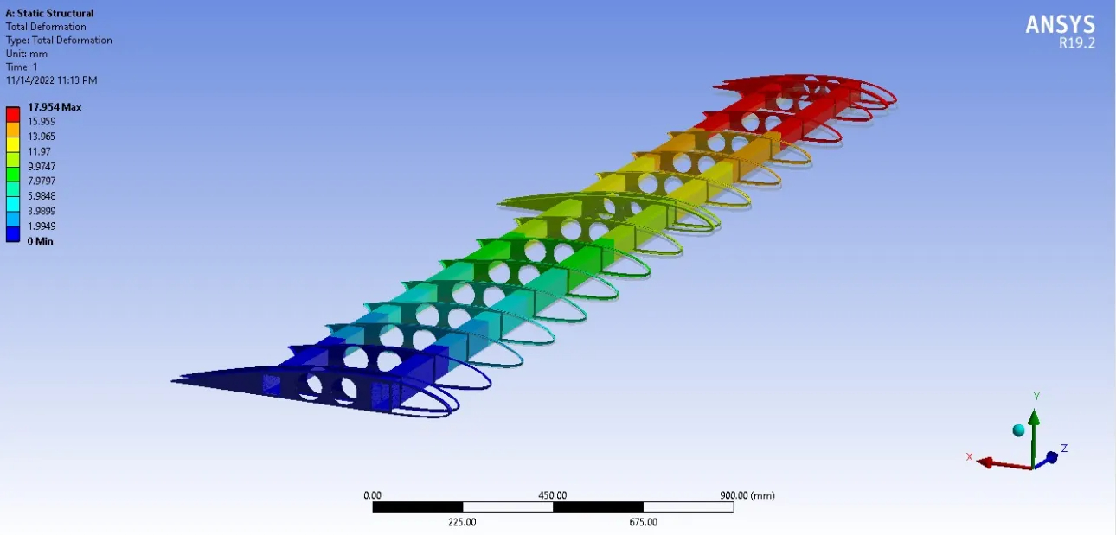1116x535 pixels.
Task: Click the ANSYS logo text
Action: (x=1060, y=24)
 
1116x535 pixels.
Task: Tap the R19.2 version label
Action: (x=1076, y=43)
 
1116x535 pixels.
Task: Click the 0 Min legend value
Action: (x=41, y=241)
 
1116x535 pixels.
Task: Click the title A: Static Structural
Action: (x=49, y=13)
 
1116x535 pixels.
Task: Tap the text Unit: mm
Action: (x=27, y=54)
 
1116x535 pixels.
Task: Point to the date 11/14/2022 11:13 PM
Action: (x=51, y=80)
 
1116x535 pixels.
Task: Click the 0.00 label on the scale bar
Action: (x=373, y=495)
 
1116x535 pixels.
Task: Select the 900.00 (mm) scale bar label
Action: (x=747, y=495)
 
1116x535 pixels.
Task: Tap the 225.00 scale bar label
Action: (x=462, y=522)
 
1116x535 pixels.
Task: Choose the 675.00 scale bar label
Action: (x=643, y=522)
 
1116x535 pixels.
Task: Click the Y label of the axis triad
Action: (x=1036, y=397)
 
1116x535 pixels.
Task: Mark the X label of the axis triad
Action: (x=970, y=456)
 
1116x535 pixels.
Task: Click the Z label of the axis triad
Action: (x=1064, y=449)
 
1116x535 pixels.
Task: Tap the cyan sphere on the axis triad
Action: (x=1018, y=430)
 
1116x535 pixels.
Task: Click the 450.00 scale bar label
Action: (x=553, y=495)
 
